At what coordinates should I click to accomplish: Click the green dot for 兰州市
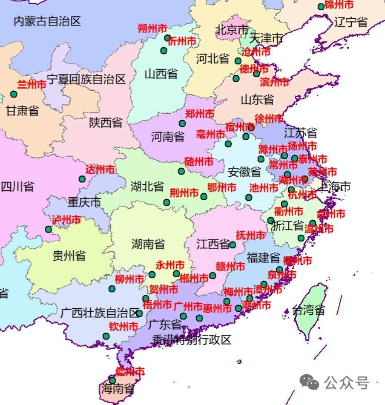[x=14, y=94]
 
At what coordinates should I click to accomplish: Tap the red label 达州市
[x=100, y=170]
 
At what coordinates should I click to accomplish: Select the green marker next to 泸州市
[x=48, y=229]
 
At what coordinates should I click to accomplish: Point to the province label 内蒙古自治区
[x=47, y=21]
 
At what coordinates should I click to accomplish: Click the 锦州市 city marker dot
[x=321, y=7]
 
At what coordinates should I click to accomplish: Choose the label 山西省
[x=161, y=74]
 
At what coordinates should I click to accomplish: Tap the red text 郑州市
[x=200, y=114]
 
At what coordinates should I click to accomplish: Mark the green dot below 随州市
[x=181, y=171]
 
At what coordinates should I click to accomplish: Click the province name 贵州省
[x=69, y=255]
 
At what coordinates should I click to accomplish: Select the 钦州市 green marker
[x=106, y=336]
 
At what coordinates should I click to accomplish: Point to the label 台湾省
[x=308, y=310]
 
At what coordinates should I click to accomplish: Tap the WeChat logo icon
[x=309, y=382]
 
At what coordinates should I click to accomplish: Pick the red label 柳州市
[x=129, y=279]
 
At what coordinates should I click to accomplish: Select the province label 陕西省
[x=106, y=123]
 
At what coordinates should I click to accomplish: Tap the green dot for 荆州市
[x=167, y=202]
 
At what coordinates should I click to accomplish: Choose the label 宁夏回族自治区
[x=86, y=79]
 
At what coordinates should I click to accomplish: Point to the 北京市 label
[x=232, y=30]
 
